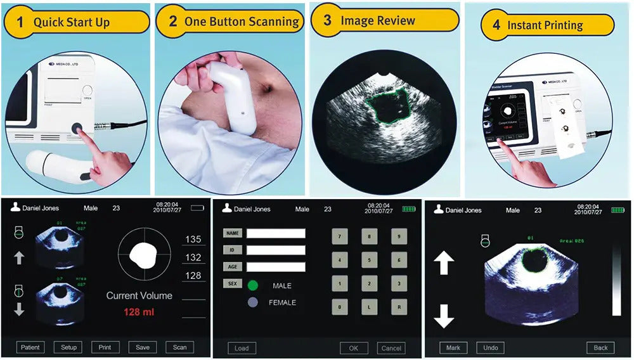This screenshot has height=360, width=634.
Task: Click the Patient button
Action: point(30,347)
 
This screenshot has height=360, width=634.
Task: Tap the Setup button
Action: point(68,347)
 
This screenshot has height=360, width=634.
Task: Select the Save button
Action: point(143,347)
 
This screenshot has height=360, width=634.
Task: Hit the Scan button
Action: point(180,347)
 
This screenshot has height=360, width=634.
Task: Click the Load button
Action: point(242,348)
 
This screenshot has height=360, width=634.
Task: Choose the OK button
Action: point(354,348)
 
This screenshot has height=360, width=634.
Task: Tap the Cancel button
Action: point(391,348)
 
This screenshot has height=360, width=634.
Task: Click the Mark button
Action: point(453,347)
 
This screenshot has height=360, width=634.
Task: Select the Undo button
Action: point(491,347)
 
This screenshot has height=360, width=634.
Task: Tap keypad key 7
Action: point(340,236)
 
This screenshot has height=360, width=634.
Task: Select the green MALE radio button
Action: point(253,286)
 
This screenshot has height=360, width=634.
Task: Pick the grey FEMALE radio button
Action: point(253,303)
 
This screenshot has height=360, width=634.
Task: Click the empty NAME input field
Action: point(276,233)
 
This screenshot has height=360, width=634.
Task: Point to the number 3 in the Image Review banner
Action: point(327,20)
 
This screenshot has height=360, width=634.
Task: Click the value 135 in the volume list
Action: point(193,240)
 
